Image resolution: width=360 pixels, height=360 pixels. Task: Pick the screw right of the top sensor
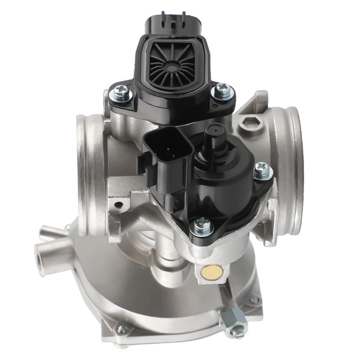[223, 91]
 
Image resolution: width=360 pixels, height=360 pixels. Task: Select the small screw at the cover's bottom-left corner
[122, 329]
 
